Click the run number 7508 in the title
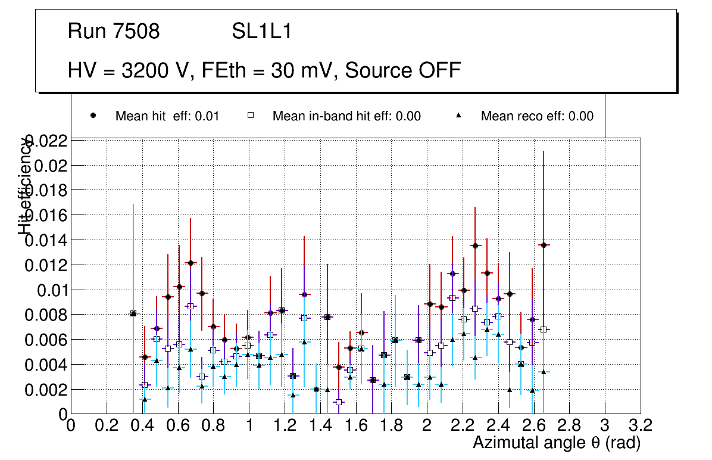136,32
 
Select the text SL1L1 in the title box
262,32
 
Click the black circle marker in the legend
93,116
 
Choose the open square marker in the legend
251,116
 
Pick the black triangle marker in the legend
459,116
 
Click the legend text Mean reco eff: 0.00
537,116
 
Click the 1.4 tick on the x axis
320,425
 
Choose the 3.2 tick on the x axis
641,425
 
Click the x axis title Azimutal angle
557,443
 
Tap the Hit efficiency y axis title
24,186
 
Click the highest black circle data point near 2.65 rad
544,245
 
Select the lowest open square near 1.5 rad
339,402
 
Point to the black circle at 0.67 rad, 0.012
191,263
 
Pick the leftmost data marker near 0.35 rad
133,313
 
